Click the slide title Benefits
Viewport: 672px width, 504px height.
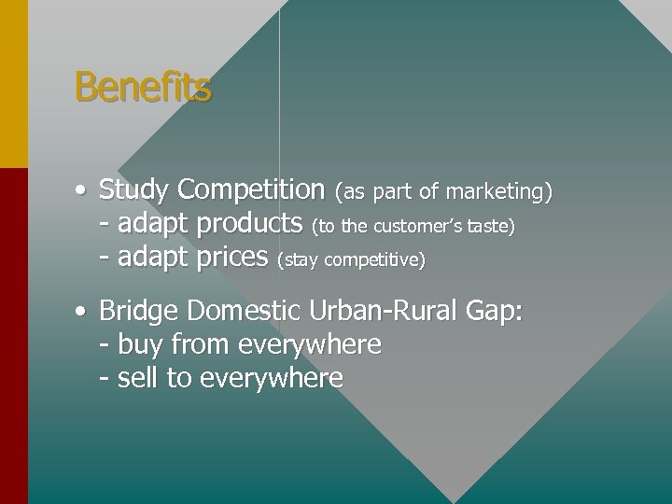click(x=143, y=88)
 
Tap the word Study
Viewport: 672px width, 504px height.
click(x=133, y=189)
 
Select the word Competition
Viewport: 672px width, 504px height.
click(x=250, y=189)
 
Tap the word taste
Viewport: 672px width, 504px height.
click(x=490, y=226)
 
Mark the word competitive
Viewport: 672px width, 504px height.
click(x=373, y=259)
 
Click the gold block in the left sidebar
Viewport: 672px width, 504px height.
click(x=14, y=84)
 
